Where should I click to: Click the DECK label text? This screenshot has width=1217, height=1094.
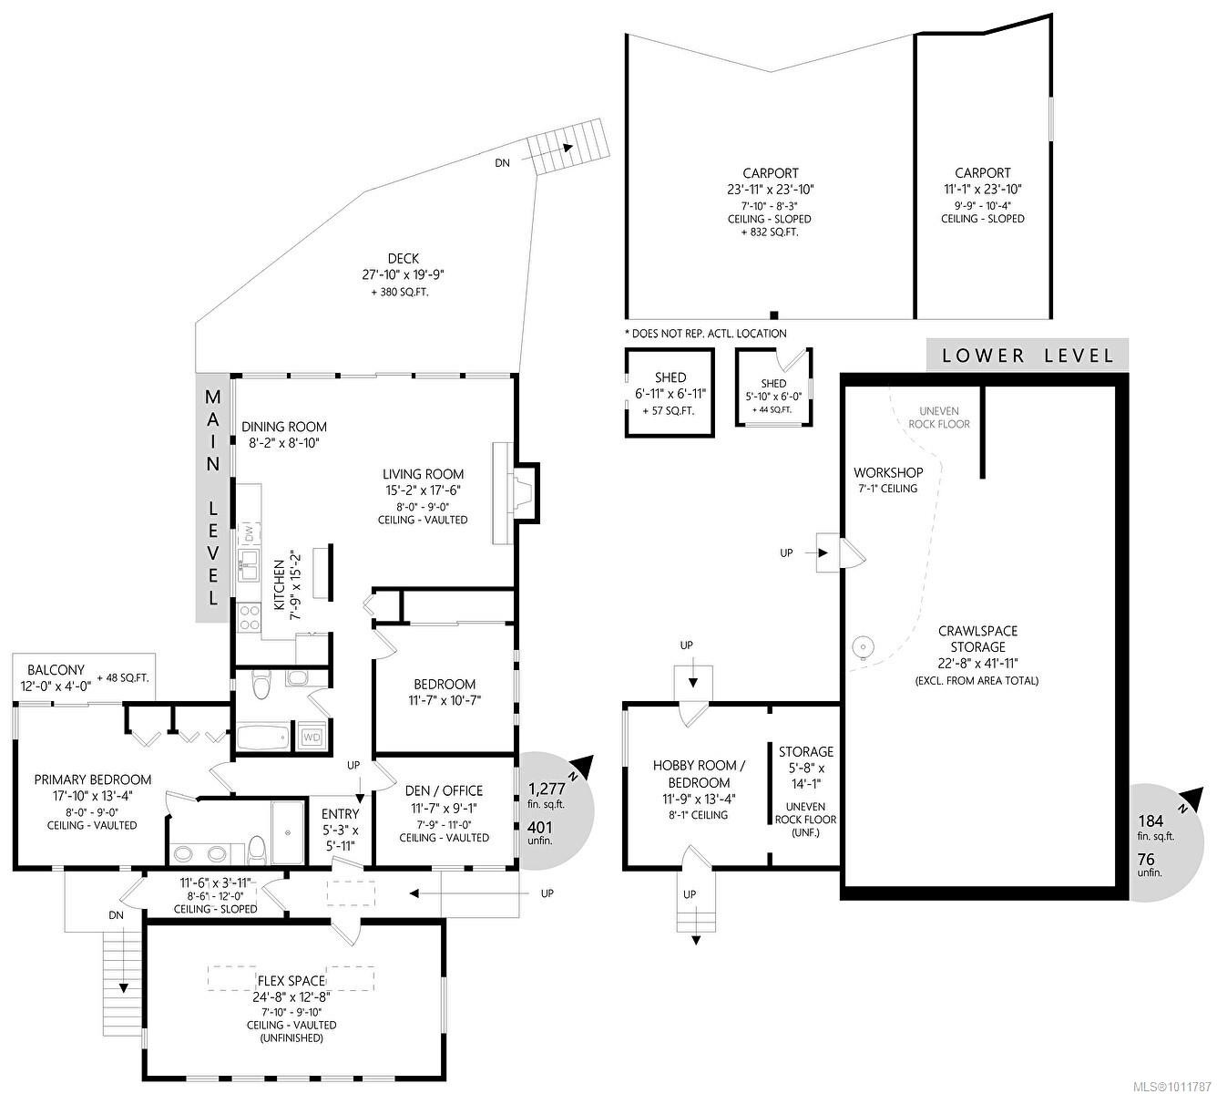[402, 259]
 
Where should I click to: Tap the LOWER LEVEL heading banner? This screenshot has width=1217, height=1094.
[1028, 356]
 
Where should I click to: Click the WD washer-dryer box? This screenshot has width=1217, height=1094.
[311, 736]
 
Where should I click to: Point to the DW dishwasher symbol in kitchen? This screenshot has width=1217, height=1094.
[247, 530]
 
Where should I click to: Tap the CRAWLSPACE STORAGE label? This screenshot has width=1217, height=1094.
[977, 638]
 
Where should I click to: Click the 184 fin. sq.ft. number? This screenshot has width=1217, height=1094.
[1151, 820]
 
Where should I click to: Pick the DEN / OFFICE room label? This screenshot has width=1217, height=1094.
[444, 790]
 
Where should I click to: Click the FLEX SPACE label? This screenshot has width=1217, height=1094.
[291, 981]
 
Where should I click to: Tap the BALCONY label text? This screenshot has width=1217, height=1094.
[56, 669]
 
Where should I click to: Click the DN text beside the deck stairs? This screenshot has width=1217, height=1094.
[502, 163]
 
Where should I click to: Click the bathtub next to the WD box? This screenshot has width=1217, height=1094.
[262, 736]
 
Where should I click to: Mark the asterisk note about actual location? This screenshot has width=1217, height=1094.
[705, 334]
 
